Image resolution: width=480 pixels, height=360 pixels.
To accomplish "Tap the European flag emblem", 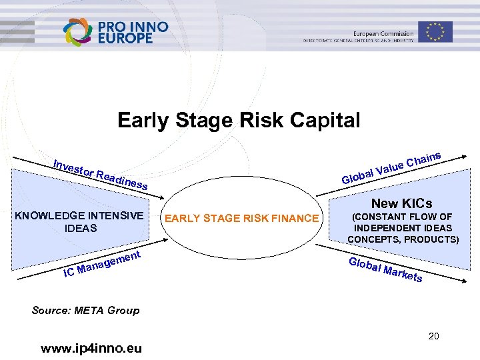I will [x=435, y=31].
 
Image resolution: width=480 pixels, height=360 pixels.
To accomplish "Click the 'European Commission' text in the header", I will [x=383, y=33].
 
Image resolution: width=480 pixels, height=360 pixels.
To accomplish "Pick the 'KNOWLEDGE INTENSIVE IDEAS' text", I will [x=79, y=221].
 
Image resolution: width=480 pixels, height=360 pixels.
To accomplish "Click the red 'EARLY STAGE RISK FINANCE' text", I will [x=241, y=218].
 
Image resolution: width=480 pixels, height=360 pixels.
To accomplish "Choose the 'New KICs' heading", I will [x=401, y=203].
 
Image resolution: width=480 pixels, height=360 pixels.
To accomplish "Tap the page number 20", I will [x=433, y=336].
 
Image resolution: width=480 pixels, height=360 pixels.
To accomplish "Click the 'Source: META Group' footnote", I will [x=85, y=310].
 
